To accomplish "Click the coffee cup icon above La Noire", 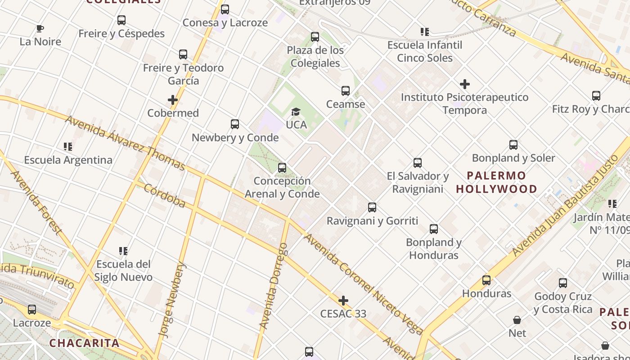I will [40, 29].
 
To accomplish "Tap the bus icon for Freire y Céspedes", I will [121, 20].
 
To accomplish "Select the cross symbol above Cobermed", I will [173, 100].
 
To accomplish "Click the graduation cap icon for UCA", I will [296, 112].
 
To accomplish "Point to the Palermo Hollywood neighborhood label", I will [496, 182].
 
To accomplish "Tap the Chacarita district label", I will [84, 343].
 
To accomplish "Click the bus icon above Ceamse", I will [345, 91].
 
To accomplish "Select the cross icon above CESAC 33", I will [343, 301].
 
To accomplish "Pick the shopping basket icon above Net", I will [517, 320].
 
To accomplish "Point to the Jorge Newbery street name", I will [171, 300].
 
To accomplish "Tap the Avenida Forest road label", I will [36, 202].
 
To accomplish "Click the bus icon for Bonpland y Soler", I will [513, 145].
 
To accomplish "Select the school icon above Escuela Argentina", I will [68, 147].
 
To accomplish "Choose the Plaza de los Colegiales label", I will [315, 57].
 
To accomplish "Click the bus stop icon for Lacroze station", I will [31, 310].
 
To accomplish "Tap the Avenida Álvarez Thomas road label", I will [125, 143].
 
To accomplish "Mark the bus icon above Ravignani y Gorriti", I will [372, 207].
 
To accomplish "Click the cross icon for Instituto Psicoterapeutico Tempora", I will [465, 84].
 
